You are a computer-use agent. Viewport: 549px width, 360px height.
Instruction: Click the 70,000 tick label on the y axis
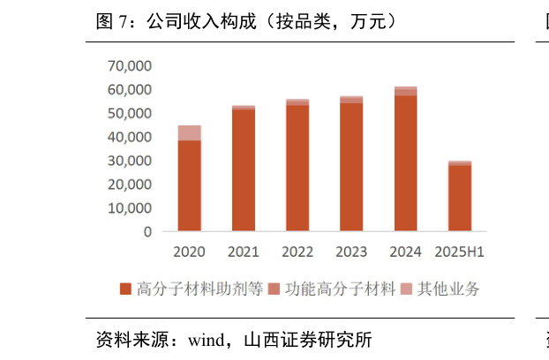[x=129, y=66]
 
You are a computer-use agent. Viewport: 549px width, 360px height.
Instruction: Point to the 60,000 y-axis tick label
[x=129, y=90]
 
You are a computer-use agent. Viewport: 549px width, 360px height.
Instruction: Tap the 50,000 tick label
[x=129, y=114]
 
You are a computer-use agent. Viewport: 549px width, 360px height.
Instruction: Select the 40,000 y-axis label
[x=129, y=138]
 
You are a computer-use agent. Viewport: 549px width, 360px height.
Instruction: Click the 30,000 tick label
[x=129, y=161]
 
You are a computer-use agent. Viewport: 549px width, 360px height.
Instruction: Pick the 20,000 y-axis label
[x=129, y=185]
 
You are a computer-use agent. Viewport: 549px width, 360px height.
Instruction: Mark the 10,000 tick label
[x=129, y=208]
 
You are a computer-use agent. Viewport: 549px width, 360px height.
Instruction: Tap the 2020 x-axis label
[x=189, y=252]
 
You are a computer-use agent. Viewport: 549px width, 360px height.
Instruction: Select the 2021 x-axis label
[x=244, y=252]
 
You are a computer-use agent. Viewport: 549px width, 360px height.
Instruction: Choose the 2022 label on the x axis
[x=297, y=252]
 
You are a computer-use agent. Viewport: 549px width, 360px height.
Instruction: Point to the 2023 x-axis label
[x=351, y=252]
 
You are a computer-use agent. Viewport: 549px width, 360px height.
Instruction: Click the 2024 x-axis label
[x=406, y=252]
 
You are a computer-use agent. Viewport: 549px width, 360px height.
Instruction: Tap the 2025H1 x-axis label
[x=460, y=252]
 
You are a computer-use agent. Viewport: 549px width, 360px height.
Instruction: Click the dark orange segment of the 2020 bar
[x=189, y=185]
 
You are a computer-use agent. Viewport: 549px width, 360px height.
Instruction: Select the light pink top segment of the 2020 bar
[x=189, y=132]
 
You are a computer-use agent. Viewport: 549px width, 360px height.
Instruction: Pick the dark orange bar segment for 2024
[x=406, y=163]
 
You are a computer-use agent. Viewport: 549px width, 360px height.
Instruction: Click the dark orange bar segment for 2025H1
[x=460, y=199]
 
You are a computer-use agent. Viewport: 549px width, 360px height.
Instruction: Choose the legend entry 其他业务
[x=441, y=289]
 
